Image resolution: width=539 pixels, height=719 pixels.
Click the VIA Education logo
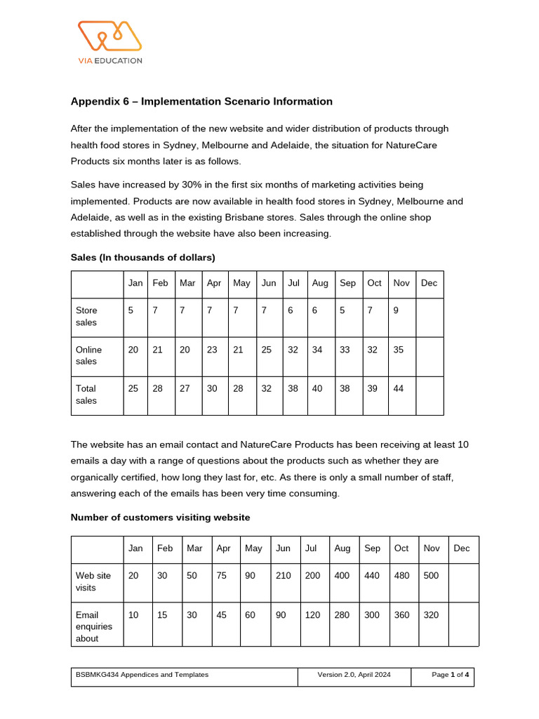[109, 41]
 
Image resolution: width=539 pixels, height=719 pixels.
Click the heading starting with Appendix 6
[201, 101]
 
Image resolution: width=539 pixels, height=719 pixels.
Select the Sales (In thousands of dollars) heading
[142, 257]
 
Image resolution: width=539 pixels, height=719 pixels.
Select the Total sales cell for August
[317, 388]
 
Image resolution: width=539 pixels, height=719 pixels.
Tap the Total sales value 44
[398, 388]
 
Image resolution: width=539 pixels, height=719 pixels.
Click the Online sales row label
[88, 355]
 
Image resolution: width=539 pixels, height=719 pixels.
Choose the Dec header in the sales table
[429, 283]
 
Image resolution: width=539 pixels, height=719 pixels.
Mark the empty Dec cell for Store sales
[430, 317]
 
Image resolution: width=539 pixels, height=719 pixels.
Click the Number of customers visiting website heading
[161, 517]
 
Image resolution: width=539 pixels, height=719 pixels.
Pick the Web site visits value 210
[284, 575]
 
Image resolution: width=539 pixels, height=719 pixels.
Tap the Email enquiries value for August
[342, 614]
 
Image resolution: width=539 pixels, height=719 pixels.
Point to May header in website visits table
[253, 548]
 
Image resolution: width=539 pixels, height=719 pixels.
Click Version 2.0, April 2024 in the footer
[364, 675]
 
